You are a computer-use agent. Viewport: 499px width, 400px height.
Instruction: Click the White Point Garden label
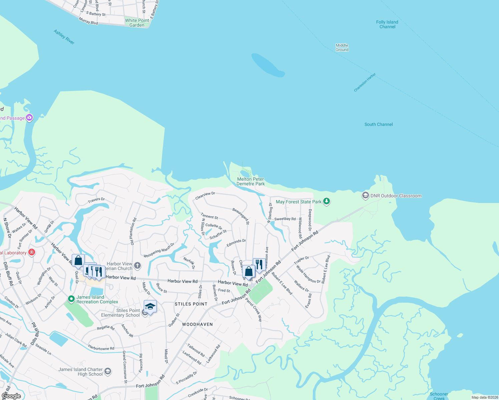pyautogui.click(x=137, y=23)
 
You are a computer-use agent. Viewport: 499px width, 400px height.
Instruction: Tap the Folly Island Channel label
pyautogui.click(x=387, y=24)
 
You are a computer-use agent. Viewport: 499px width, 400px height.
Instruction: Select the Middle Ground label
pyautogui.click(x=342, y=47)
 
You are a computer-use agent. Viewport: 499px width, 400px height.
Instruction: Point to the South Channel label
pyautogui.click(x=379, y=124)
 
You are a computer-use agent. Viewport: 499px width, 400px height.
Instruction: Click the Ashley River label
pyautogui.click(x=64, y=37)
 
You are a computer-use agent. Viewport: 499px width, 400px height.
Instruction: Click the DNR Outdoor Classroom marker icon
pyautogui.click(x=366, y=195)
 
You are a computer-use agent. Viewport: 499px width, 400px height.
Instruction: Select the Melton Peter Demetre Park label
pyautogui.click(x=251, y=181)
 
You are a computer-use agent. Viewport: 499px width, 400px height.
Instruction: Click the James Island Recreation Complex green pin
pyautogui.click(x=71, y=299)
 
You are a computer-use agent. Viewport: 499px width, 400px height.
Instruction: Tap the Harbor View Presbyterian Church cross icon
pyautogui.click(x=137, y=266)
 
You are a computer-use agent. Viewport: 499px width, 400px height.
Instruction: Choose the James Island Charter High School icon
pyautogui.click(x=107, y=371)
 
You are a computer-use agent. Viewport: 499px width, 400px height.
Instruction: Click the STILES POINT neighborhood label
pyautogui.click(x=191, y=304)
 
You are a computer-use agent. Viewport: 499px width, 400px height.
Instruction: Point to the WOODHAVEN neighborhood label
pyautogui.click(x=197, y=324)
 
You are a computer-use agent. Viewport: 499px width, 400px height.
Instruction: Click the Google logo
pyautogui.click(x=11, y=396)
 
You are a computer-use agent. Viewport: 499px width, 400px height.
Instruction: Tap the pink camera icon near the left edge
pyautogui.click(x=29, y=117)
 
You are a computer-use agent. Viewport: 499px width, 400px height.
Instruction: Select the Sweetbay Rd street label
pyautogui.click(x=285, y=219)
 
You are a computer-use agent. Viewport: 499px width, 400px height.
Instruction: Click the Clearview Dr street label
pyautogui.click(x=205, y=196)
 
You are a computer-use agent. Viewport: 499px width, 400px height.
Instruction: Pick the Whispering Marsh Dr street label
pyautogui.click(x=159, y=250)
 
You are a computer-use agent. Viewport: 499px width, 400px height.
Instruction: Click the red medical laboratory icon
pyautogui.click(x=32, y=252)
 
